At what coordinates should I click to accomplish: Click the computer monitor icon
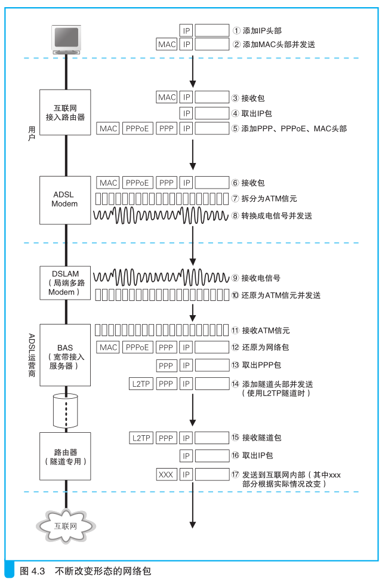tap(66, 40)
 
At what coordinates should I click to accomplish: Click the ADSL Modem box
tap(65, 201)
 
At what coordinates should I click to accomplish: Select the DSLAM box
tap(65, 283)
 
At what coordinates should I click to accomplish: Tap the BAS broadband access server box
tap(65, 355)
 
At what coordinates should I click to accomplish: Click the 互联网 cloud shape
tap(66, 526)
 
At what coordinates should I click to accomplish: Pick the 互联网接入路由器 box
tap(65, 112)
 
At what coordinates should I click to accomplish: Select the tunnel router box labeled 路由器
tap(65, 456)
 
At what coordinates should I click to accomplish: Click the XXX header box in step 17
tap(166, 475)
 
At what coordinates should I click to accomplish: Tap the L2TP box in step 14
tap(141, 384)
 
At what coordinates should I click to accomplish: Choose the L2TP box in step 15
tap(141, 438)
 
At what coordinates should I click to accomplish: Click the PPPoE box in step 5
tap(137, 129)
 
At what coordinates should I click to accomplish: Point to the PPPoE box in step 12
tap(137, 347)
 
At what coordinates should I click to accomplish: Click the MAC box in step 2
tap(167, 44)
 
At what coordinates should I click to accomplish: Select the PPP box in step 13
tap(166, 365)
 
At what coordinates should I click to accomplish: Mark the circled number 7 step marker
tap(235, 198)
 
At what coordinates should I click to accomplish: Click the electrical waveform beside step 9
tap(161, 278)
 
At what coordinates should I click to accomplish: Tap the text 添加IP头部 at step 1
tap(262, 30)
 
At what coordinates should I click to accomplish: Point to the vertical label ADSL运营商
tap(32, 355)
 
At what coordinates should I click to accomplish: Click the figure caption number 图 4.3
tap(32, 571)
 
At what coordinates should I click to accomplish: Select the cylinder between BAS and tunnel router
tap(66, 411)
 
